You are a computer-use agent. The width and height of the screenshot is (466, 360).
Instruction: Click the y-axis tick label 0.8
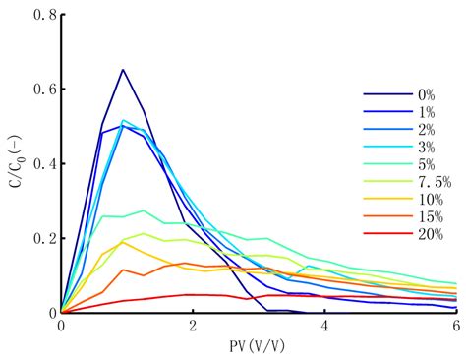click(x=44, y=15)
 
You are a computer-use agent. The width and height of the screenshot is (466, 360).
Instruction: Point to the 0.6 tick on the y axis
click(x=44, y=90)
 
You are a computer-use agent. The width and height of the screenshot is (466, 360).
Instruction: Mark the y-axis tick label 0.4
click(x=44, y=164)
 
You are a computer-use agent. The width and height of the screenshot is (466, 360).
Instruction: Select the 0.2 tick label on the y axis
click(x=44, y=239)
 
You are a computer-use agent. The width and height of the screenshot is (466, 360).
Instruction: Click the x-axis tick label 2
click(x=193, y=327)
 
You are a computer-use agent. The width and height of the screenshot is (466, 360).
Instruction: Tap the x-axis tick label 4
click(x=324, y=327)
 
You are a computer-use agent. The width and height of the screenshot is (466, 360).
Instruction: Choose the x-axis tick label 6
click(x=455, y=327)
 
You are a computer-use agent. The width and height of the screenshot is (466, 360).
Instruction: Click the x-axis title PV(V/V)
click(x=258, y=347)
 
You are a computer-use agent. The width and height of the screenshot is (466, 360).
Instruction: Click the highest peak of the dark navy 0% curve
click(x=123, y=70)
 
